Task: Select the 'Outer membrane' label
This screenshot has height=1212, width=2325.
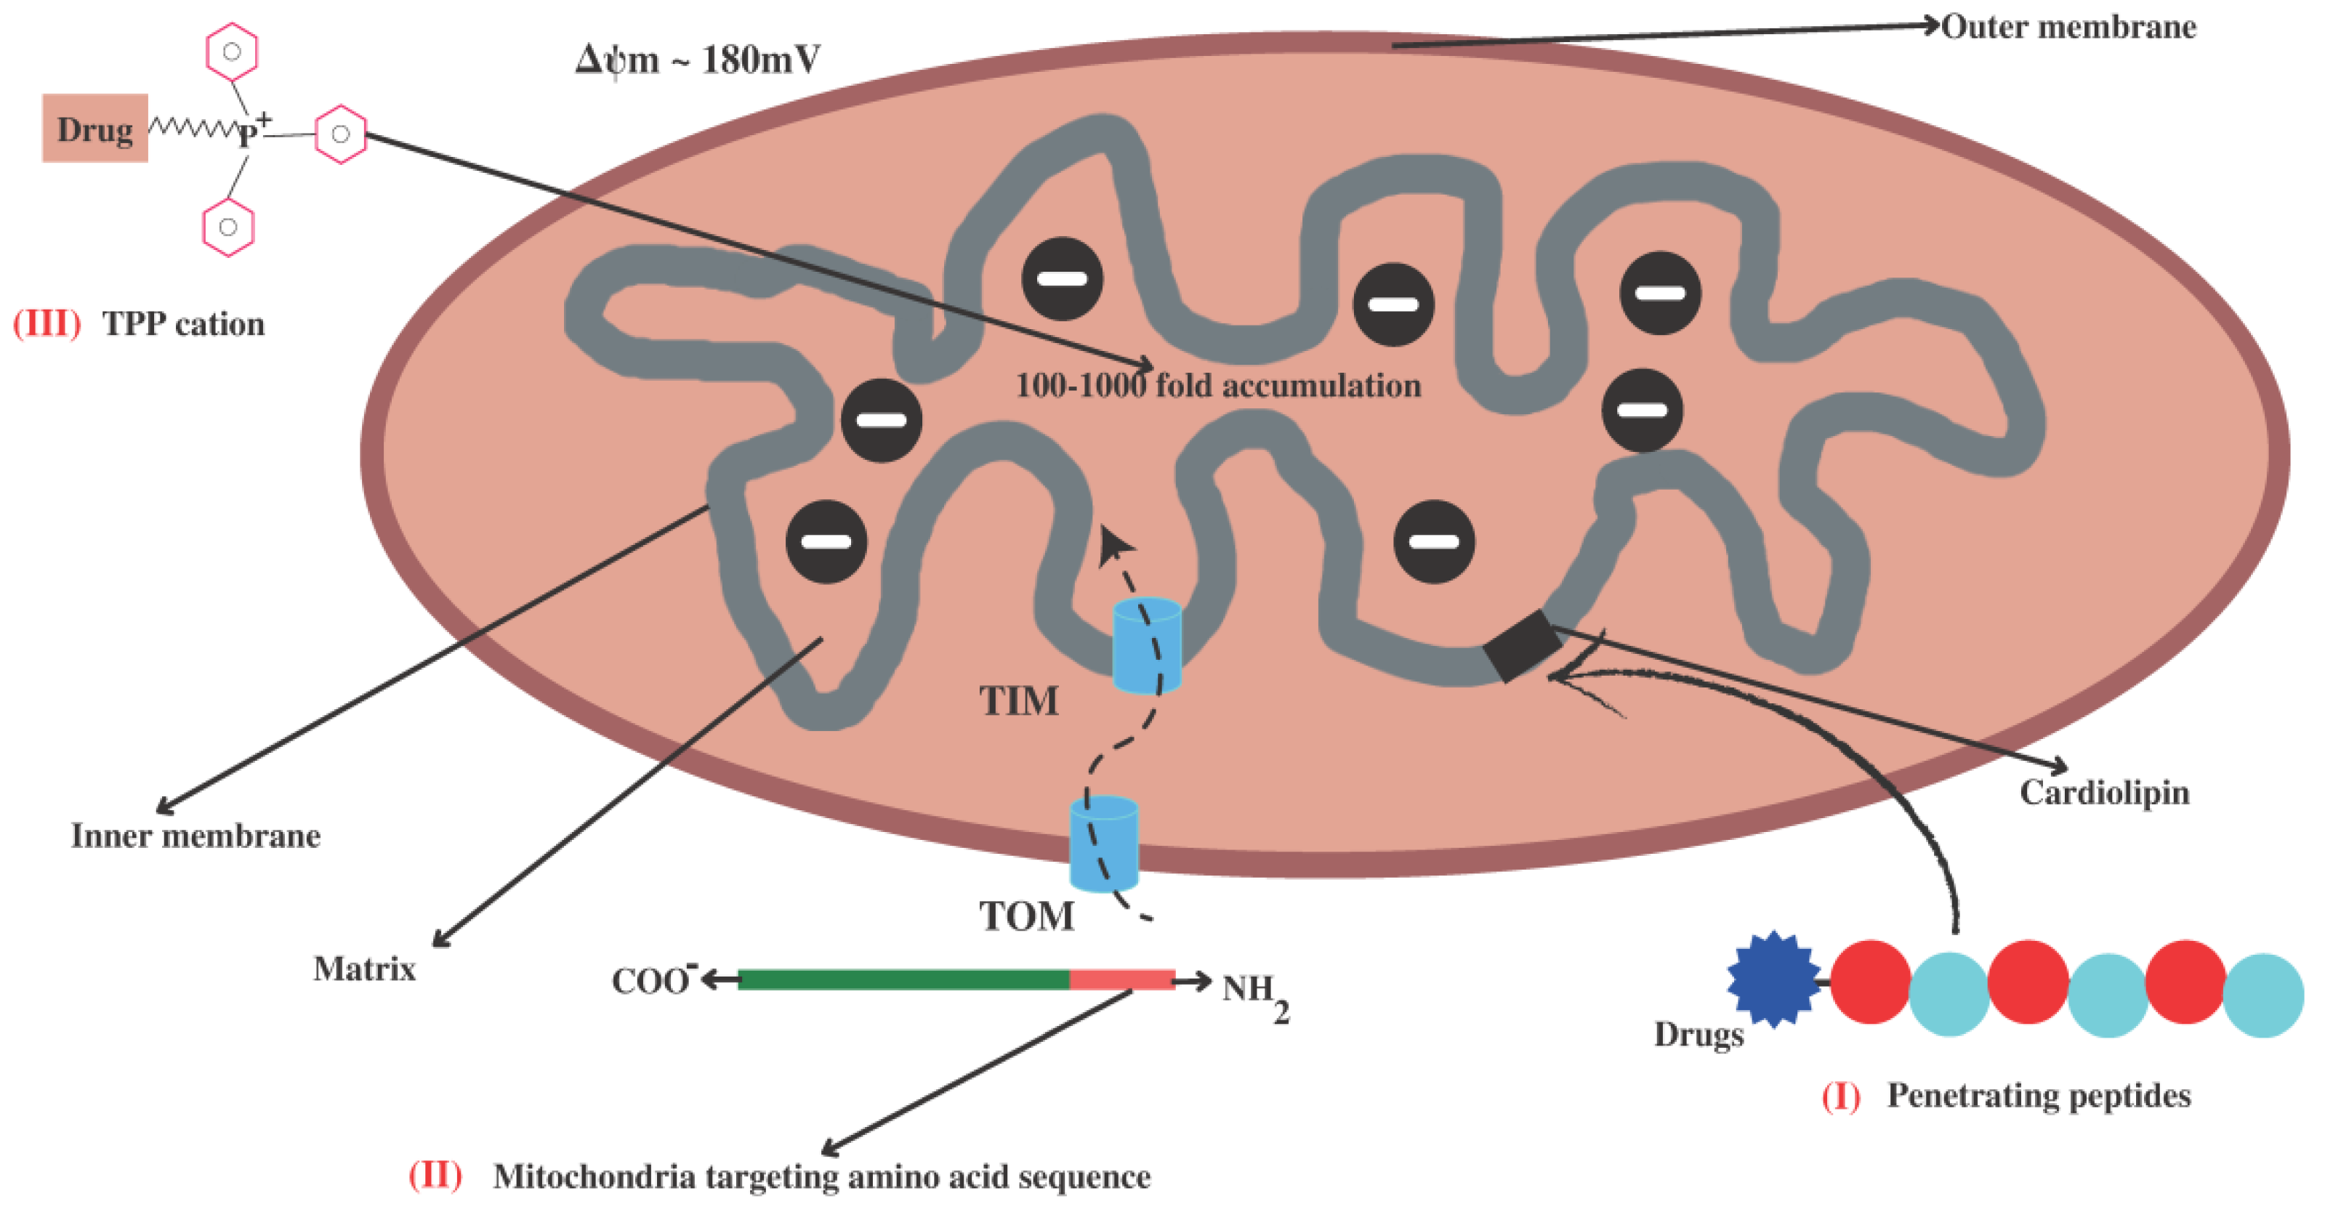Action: pos(2068,27)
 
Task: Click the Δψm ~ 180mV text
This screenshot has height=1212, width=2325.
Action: pos(698,60)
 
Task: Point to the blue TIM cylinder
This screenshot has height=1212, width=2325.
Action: pos(1146,645)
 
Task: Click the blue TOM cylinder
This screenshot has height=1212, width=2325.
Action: pos(1103,844)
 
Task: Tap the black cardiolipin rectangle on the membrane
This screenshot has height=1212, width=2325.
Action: pos(1522,645)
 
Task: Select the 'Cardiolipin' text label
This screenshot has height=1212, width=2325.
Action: pos(2104,792)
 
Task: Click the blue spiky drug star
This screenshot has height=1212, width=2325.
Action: pos(1773,980)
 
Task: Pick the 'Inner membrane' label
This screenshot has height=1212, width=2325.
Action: pos(196,836)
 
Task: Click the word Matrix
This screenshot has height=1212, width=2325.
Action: pos(363,969)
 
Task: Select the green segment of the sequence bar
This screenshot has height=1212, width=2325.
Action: pos(903,980)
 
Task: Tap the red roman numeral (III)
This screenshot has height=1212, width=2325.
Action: pos(46,323)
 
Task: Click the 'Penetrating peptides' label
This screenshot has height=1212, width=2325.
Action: pos(2038,1096)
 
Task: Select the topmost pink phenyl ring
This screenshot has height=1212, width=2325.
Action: pos(232,52)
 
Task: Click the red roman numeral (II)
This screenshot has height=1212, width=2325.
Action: pos(435,1175)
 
